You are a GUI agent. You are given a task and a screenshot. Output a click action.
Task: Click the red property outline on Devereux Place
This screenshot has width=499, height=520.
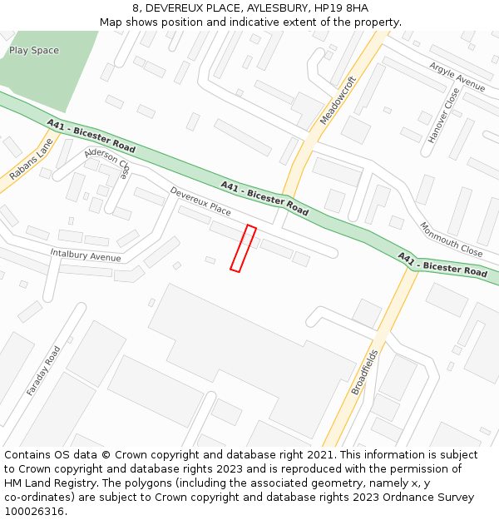point(243,248)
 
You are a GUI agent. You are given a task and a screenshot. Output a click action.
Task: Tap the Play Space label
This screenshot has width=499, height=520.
point(34,51)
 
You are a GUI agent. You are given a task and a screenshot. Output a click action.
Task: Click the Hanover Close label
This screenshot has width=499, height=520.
point(443,116)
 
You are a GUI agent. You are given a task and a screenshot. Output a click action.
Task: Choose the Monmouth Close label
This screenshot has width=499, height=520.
point(450,239)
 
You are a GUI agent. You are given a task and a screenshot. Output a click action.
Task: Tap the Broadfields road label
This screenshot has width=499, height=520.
point(364,371)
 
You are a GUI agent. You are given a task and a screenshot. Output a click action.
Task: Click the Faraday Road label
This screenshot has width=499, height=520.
point(43,370)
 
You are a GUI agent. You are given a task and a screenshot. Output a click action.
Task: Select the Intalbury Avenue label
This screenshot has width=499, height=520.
point(80,255)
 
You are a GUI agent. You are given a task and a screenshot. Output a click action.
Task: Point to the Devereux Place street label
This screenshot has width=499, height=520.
point(200,201)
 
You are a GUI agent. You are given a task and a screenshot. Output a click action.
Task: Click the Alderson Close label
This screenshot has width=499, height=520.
point(107,163)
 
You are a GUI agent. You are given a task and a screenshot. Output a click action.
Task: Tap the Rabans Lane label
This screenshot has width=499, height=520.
point(31,160)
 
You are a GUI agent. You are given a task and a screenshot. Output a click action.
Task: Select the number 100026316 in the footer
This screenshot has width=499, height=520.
point(34,512)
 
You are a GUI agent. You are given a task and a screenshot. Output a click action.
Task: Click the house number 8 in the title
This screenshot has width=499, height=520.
point(136,8)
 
